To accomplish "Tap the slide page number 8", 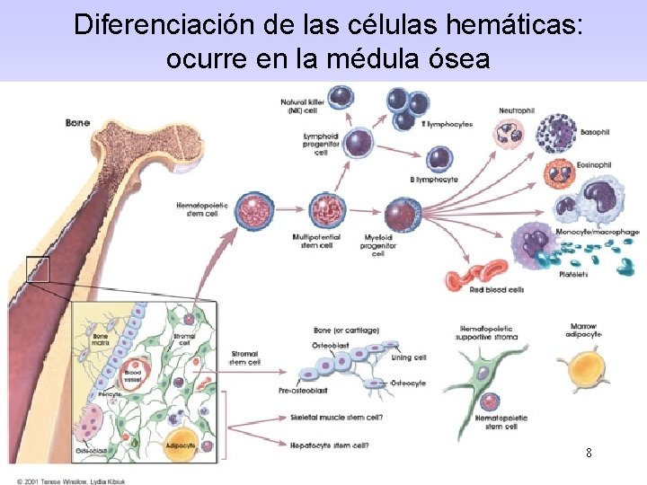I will [x=589, y=453].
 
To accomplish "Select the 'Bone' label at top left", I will [x=77, y=122].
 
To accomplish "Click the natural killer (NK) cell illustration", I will [x=341, y=98].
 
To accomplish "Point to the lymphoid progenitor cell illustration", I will [x=359, y=141].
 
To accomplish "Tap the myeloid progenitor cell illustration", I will [x=402, y=214].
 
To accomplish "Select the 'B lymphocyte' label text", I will [x=434, y=180].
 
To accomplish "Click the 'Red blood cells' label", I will [x=497, y=290].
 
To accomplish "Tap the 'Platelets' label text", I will [x=573, y=274].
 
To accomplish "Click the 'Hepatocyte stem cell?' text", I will [x=330, y=445].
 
